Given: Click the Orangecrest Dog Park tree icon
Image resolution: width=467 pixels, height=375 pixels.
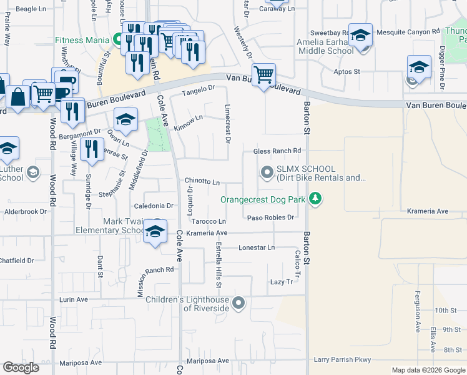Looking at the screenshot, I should tap(316, 199).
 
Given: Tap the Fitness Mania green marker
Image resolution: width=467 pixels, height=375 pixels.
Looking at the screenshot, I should tap(117, 40).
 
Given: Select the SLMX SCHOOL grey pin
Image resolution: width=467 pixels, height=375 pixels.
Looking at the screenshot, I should tap(267, 172).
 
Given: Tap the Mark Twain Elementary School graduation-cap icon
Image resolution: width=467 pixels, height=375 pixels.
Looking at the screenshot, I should tap(155, 232).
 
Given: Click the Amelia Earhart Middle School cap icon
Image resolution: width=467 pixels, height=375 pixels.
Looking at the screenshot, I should tap(360, 36).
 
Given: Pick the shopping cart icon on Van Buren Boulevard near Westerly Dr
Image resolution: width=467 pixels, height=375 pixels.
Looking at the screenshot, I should tap(264, 75).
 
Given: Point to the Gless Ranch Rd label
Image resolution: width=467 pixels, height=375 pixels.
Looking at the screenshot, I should tap(277, 151).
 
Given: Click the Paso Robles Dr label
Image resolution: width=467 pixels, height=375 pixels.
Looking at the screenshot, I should tap(270, 217).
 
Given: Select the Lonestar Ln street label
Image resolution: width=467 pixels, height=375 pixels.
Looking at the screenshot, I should tap(257, 247).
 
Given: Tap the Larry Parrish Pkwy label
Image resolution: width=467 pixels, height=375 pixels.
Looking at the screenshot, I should tap(342, 359).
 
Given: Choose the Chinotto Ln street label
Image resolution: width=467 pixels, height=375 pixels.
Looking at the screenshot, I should tap(202, 182).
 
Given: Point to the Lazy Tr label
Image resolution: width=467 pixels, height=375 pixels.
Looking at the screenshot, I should tap(281, 282).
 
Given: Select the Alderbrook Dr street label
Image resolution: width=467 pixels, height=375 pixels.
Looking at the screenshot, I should tap(26, 212).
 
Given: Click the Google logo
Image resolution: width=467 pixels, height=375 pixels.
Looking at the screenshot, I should tap(21, 367).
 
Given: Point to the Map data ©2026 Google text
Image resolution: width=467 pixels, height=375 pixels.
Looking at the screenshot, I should tap(428, 370).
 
